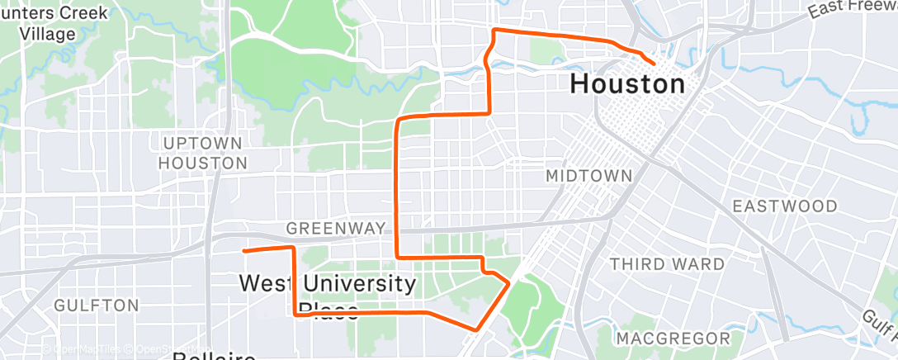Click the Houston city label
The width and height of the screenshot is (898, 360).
point(627,83)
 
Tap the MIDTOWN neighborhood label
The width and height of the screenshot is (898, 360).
point(589,176)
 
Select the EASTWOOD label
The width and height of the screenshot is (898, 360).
point(785,206)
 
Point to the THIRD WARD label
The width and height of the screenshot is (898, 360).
point(667,264)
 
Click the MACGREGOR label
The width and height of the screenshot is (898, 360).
point(673,339)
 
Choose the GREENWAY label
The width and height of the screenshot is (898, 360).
point(336,228)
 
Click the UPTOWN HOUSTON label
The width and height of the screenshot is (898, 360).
point(203,153)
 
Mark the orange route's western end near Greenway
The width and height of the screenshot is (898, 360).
point(243,249)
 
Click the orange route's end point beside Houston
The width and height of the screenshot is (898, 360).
point(654,63)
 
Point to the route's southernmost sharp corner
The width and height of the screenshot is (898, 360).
point(476,329)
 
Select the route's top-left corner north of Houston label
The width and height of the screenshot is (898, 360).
point(494,31)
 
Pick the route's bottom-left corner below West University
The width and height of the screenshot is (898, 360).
point(295,314)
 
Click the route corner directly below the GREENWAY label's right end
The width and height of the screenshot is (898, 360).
point(399,257)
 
